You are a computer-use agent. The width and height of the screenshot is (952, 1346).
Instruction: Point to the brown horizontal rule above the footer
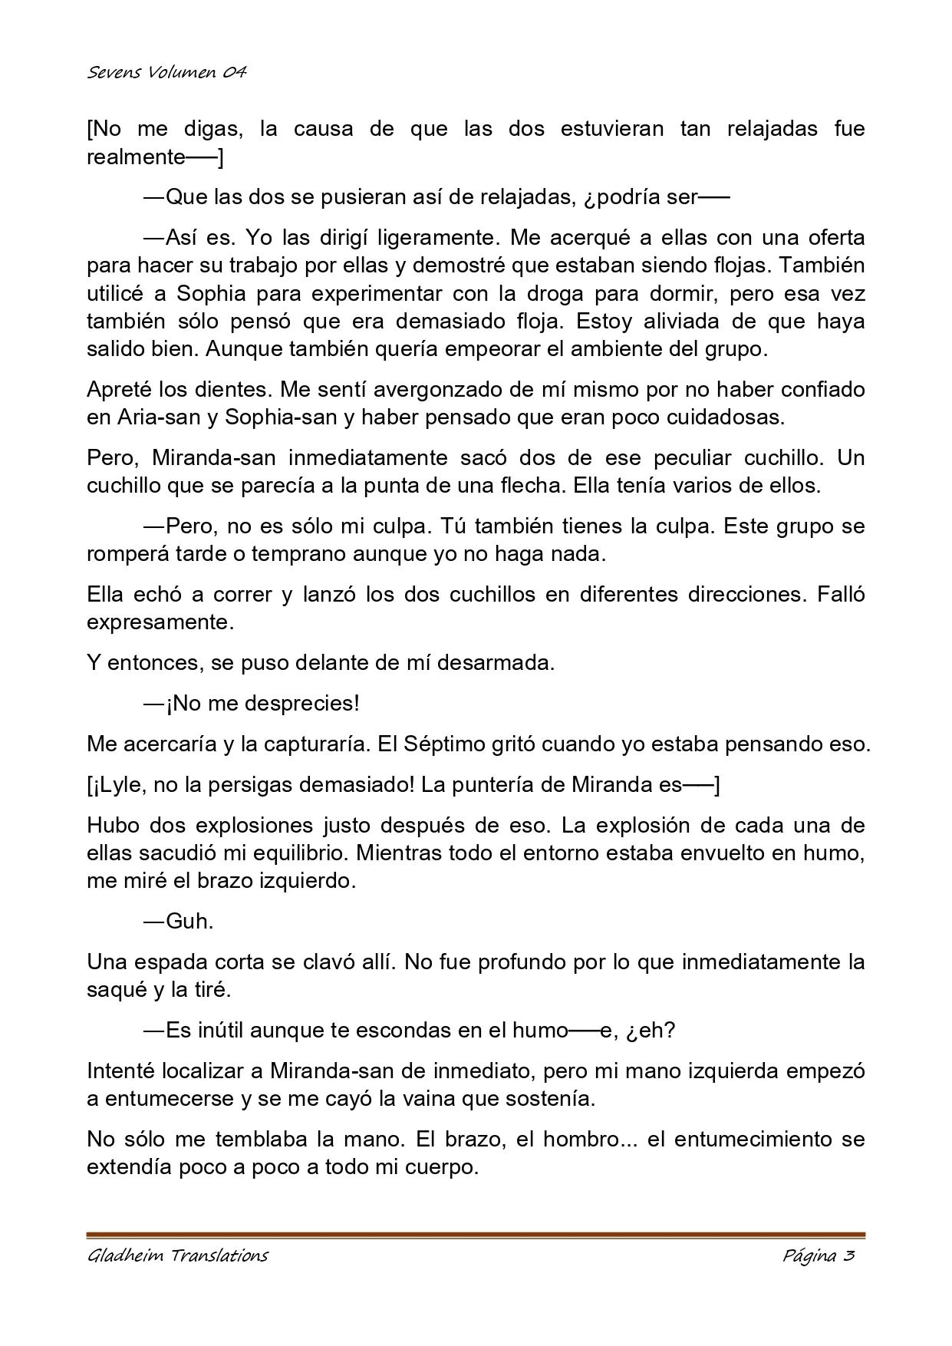click(x=476, y=1235)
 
